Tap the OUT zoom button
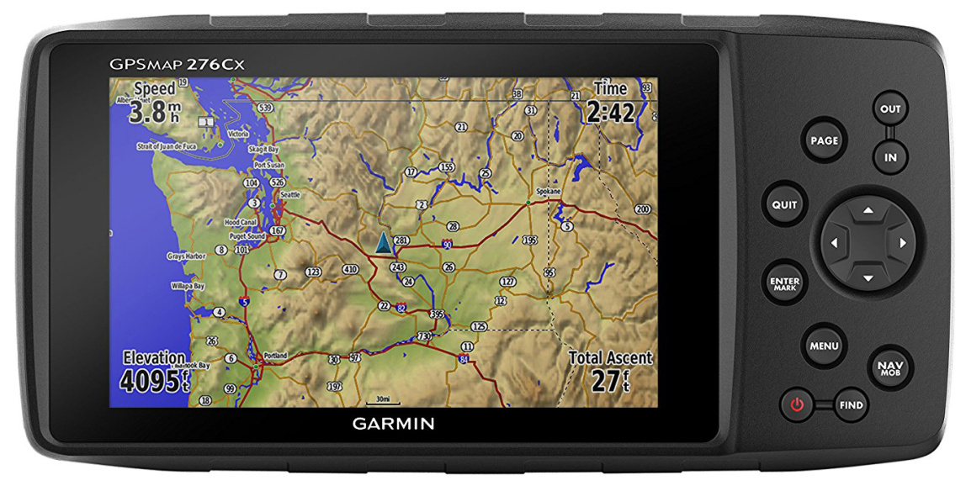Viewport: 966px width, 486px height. pyautogui.click(x=889, y=109)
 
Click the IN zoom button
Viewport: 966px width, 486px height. pyautogui.click(x=889, y=156)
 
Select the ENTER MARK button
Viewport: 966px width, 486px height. pyautogui.click(x=784, y=283)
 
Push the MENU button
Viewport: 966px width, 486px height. pyautogui.click(x=824, y=346)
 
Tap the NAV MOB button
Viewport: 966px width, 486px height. pyautogui.click(x=889, y=367)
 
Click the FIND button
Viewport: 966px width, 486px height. pyautogui.click(x=851, y=405)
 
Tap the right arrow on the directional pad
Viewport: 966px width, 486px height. pyautogui.click(x=902, y=243)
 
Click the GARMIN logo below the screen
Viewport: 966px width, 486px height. pyautogui.click(x=393, y=423)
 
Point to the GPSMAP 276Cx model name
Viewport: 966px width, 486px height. pyautogui.click(x=177, y=64)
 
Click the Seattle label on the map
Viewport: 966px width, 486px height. pyautogui.click(x=289, y=195)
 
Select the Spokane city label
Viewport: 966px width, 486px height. pyautogui.click(x=548, y=191)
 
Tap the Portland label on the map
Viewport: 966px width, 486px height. pyautogui.click(x=275, y=355)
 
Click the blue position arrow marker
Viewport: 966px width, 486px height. pyautogui.click(x=383, y=243)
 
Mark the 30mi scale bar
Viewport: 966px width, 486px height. pyautogui.click(x=383, y=399)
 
